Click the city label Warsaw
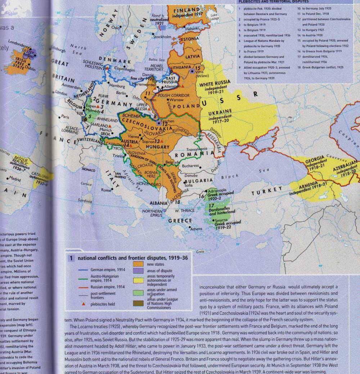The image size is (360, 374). point(176,99)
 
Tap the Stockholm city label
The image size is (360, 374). point(162,37)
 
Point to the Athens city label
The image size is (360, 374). point(196,229)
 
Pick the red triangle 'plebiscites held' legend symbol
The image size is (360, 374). point(84,304)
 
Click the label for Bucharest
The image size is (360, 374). point(190,166)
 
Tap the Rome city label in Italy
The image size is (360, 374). point(106,190)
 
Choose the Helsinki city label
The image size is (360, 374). point(193,28)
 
